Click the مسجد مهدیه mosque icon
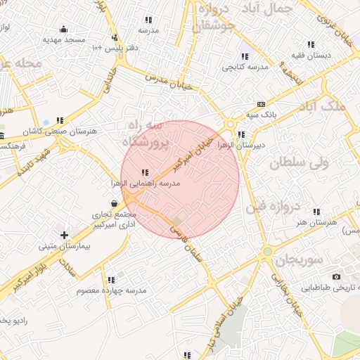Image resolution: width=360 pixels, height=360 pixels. pos(64,29)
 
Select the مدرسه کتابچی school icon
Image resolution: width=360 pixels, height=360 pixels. pos(245,56)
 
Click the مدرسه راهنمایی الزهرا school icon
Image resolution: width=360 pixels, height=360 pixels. pos(145,172)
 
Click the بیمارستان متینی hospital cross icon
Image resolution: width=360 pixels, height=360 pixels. pos(64,234)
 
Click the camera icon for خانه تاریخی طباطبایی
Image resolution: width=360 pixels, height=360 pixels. pos(336,276)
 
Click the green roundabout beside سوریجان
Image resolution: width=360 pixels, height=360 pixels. pos(267,251)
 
